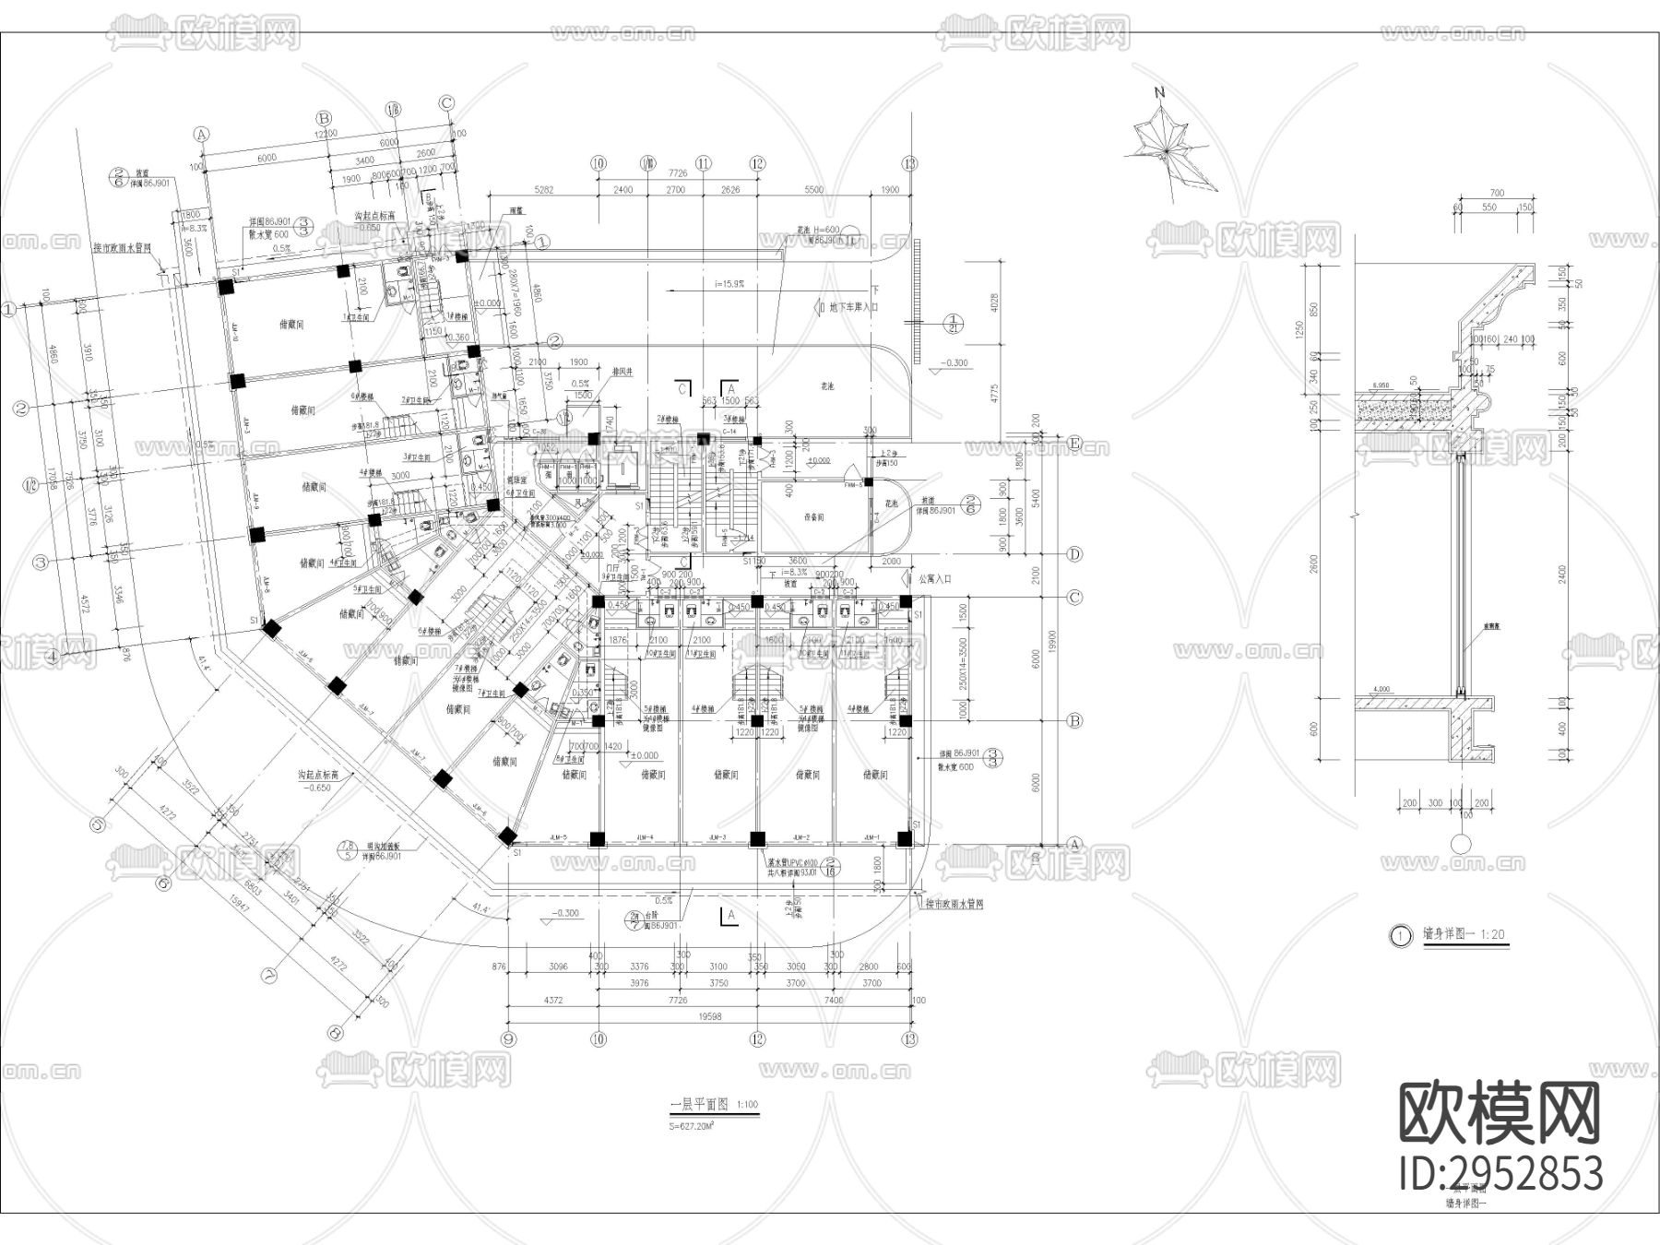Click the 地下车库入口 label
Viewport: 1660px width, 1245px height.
click(848, 307)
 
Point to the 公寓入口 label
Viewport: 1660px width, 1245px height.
click(935, 579)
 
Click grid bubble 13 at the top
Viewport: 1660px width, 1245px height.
click(911, 163)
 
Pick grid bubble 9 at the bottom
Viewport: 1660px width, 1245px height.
click(508, 1038)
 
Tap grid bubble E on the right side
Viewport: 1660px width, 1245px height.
click(1074, 444)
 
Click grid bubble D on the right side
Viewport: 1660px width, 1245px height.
click(1074, 554)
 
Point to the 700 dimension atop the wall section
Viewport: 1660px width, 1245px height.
click(1496, 193)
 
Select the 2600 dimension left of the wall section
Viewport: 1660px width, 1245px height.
click(1314, 563)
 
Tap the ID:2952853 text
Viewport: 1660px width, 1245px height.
click(1500, 1174)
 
